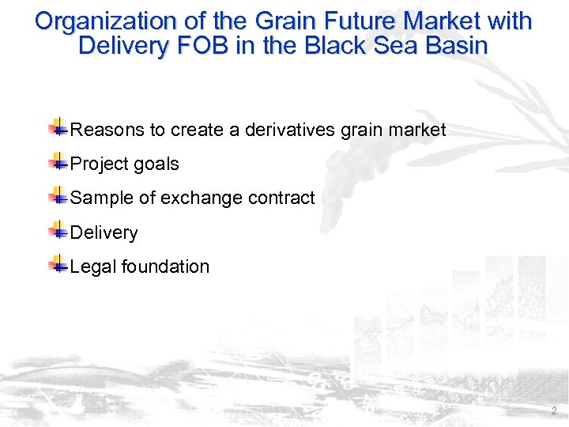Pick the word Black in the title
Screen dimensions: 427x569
pyautogui.click(x=328, y=46)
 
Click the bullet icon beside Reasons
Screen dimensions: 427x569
pyautogui.click(x=58, y=127)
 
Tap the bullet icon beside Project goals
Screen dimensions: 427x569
pyautogui.click(x=58, y=162)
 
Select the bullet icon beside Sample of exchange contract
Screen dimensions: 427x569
pyautogui.click(x=58, y=196)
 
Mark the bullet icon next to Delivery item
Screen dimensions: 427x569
pyautogui.click(x=58, y=231)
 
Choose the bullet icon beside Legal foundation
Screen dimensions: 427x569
pyautogui.click(x=58, y=265)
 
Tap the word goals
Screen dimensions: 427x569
pyautogui.click(x=156, y=164)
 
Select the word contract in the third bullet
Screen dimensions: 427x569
pyautogui.click(x=284, y=198)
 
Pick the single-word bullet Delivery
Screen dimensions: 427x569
pyautogui.click(x=104, y=233)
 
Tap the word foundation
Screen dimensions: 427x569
pyautogui.click(x=165, y=267)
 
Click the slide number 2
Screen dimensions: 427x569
pyautogui.click(x=553, y=411)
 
